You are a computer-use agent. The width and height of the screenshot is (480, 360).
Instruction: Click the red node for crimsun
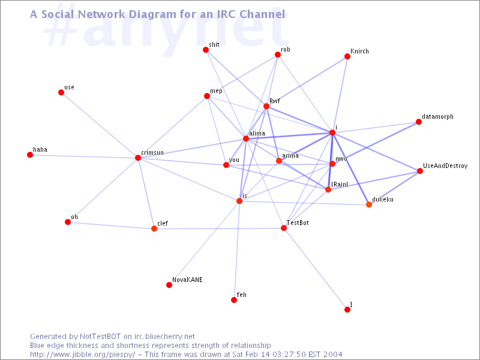point(138,158)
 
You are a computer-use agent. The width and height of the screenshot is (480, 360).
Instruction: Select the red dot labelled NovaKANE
point(169,285)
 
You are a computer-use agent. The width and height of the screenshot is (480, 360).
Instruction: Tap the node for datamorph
point(418,122)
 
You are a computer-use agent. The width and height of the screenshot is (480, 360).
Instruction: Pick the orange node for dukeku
point(369,205)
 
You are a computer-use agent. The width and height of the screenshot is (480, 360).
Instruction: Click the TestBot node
point(284,228)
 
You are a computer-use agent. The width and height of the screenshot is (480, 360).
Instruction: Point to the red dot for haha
point(30,155)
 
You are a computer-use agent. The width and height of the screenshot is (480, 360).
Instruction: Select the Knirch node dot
point(347,56)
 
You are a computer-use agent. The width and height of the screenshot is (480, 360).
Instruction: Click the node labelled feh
point(234,300)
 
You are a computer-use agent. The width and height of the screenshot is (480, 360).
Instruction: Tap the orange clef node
point(154,229)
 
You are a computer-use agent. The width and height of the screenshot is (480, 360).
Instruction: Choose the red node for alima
point(246,139)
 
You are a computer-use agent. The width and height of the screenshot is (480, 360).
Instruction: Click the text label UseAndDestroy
point(445,166)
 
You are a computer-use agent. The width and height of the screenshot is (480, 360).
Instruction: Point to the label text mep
point(216,91)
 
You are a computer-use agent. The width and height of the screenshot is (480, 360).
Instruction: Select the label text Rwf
point(275,101)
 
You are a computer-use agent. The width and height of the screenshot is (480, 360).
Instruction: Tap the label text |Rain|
point(340,184)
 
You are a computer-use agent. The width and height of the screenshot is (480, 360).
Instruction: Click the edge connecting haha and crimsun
point(84,157)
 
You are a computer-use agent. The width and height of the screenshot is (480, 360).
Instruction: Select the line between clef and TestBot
point(219,229)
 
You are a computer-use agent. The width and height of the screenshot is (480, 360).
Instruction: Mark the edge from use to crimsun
point(100,125)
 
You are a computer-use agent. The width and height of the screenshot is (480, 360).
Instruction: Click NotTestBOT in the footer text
point(100,337)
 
